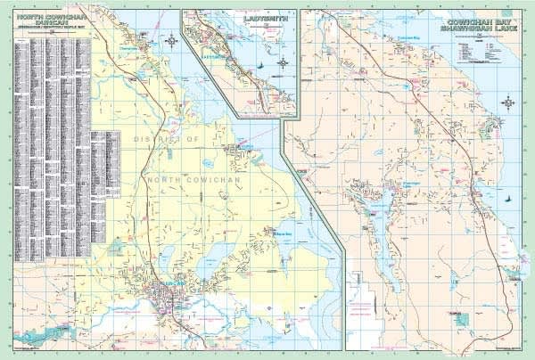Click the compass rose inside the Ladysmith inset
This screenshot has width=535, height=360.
click(284, 62)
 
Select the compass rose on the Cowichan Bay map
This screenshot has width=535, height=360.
click(508, 102)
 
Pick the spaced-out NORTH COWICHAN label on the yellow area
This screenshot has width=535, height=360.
click(192, 178)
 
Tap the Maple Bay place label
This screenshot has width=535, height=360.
click(284, 233)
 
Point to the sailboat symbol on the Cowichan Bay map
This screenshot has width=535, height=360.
click(506, 200)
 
